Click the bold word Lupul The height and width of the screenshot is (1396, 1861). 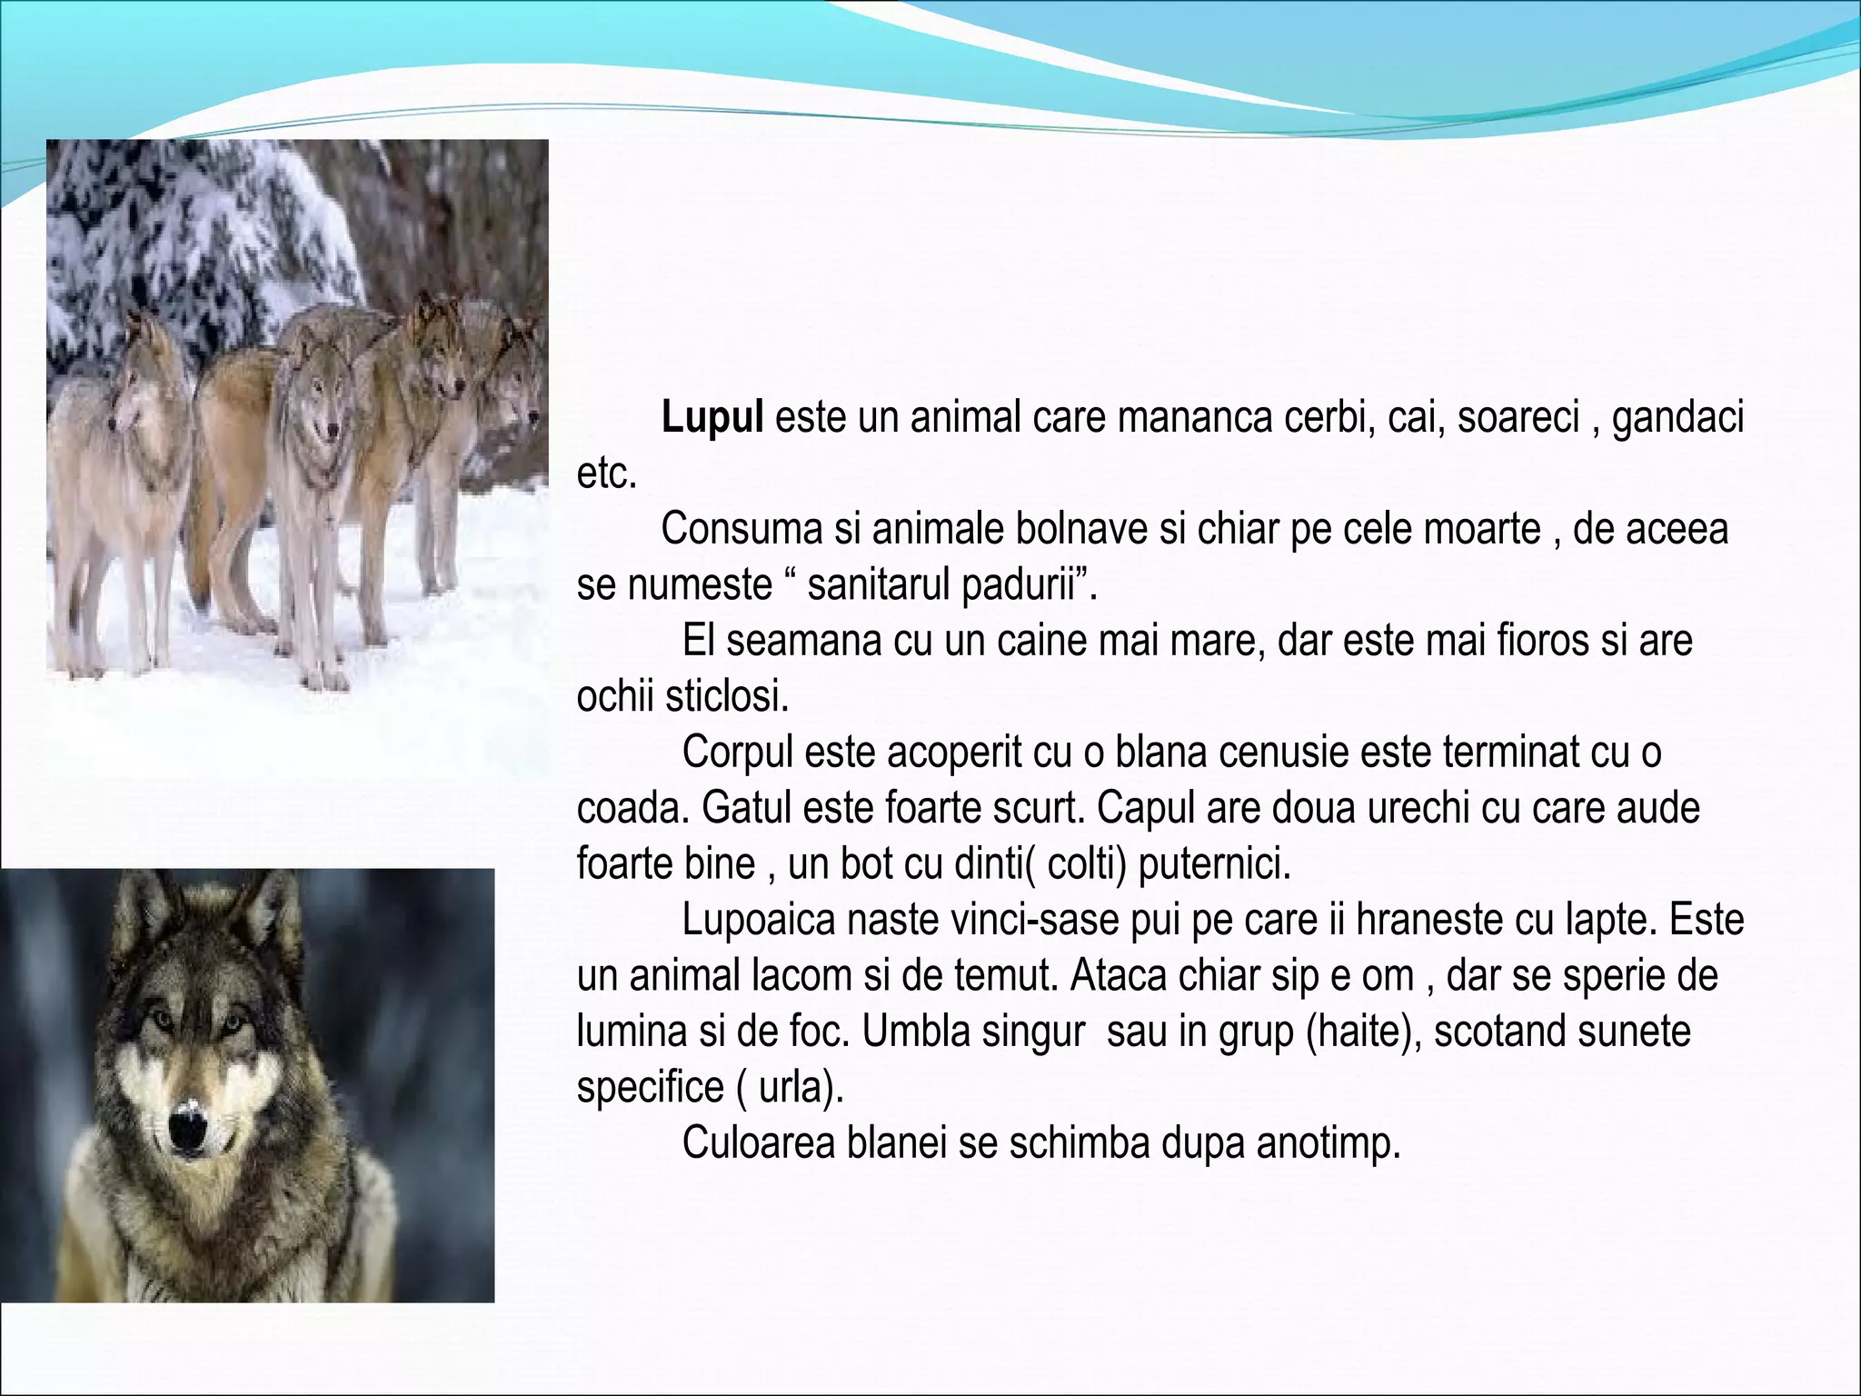[712, 419]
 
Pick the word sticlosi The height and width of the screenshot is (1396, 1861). [727, 697]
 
